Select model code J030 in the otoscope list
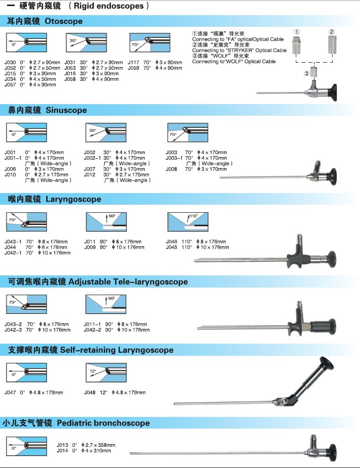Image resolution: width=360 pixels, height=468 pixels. click(x=10, y=62)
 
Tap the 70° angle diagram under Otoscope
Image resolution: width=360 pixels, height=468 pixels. click(x=150, y=42)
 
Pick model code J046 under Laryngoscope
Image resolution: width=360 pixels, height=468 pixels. click(x=171, y=242)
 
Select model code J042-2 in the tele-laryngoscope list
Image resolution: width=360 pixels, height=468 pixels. click(x=93, y=330)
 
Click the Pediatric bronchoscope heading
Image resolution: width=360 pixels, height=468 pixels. click(x=76, y=423)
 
